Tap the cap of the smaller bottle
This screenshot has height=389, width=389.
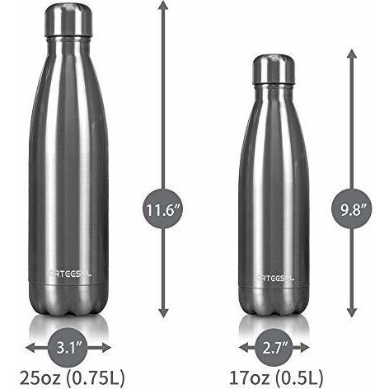click(273, 69)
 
